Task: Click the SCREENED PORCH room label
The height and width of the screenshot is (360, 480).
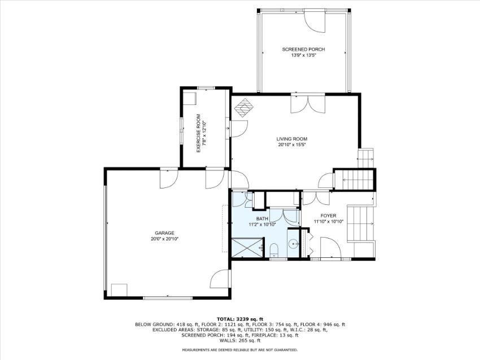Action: pyautogui.click(x=303, y=49)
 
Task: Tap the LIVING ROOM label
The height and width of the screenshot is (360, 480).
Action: pyautogui.click(x=292, y=139)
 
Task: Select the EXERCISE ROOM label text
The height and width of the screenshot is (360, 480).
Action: pyautogui.click(x=198, y=133)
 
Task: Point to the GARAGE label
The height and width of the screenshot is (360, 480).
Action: pyautogui.click(x=164, y=233)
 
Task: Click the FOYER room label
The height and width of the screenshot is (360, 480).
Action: pyautogui.click(x=328, y=216)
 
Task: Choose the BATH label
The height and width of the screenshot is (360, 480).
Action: pyautogui.click(x=262, y=219)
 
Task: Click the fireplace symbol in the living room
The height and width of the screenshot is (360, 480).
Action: pyautogui.click(x=245, y=108)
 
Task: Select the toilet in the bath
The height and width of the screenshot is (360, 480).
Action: pyautogui.click(x=274, y=249)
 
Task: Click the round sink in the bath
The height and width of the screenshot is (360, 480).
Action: pyautogui.click(x=294, y=244)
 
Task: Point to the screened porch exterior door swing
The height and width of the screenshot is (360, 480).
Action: pyautogui.click(x=315, y=21)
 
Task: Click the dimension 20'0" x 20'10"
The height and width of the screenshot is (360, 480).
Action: pyautogui.click(x=164, y=239)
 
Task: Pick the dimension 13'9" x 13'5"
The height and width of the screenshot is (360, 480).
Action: pyautogui.click(x=303, y=55)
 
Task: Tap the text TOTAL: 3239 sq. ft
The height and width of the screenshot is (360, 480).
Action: pyautogui.click(x=240, y=319)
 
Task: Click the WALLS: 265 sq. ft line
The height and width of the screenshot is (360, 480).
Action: pyautogui.click(x=240, y=340)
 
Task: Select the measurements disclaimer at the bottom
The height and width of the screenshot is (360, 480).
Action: pyautogui.click(x=240, y=350)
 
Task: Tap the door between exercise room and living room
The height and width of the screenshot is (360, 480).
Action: pyautogui.click(x=239, y=129)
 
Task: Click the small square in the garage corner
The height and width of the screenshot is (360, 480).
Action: pyautogui.click(x=119, y=290)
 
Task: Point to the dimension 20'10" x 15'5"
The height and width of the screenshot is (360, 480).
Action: pyautogui.click(x=292, y=144)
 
